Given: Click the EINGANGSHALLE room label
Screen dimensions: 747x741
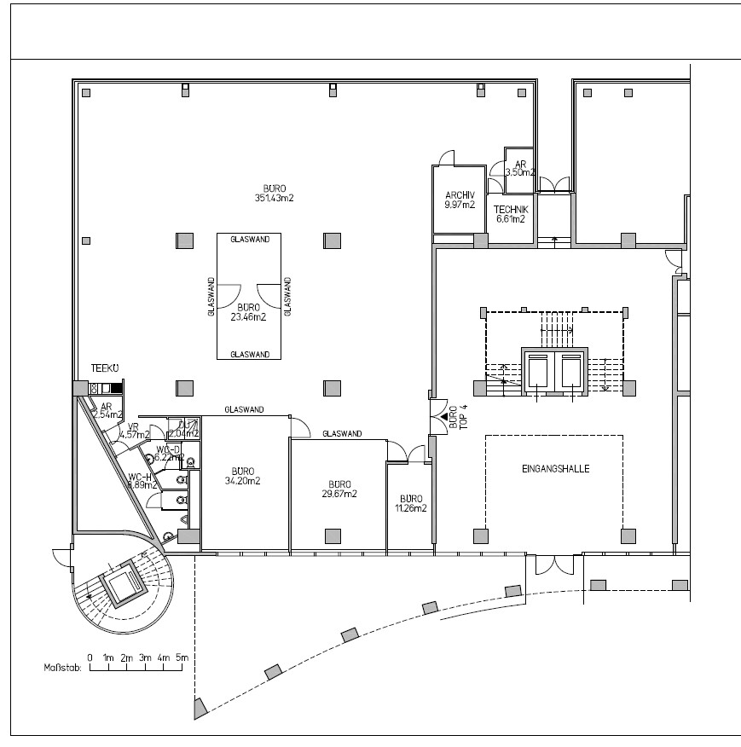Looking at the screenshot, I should (x=555, y=469).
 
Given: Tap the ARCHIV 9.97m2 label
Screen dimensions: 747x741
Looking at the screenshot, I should (x=459, y=199).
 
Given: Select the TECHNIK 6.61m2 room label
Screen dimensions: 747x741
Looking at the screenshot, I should (x=511, y=214).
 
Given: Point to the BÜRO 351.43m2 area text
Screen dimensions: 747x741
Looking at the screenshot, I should (x=274, y=193).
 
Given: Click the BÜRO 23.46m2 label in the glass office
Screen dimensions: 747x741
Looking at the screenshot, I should (x=249, y=311).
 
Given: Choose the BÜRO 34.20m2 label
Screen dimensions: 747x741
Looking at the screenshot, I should (x=242, y=475).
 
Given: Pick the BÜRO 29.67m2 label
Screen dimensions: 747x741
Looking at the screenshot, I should (x=339, y=488).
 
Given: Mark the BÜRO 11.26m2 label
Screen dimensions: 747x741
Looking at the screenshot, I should (x=410, y=503).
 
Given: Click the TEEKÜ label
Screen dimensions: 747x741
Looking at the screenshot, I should (x=104, y=369).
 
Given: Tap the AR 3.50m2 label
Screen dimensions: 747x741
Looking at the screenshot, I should (x=519, y=167).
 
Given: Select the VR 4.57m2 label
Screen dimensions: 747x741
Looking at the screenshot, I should (x=134, y=431).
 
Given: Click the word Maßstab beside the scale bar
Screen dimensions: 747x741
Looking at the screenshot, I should (x=62, y=669).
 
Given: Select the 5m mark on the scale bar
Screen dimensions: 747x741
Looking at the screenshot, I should (x=182, y=657).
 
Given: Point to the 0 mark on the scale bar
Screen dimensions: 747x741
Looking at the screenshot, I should (x=90, y=657).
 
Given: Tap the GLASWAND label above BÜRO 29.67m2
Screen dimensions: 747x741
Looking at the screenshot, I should (x=342, y=434).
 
